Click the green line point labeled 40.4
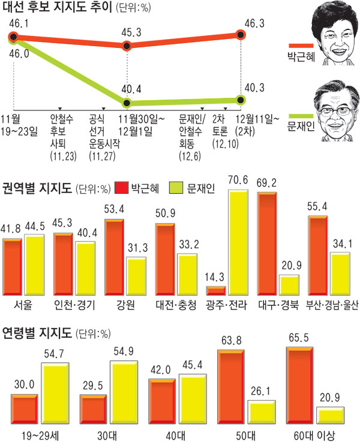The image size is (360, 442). coord(127,103)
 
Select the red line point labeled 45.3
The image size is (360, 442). coord(127,46)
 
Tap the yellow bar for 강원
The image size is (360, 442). coord(136,275)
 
